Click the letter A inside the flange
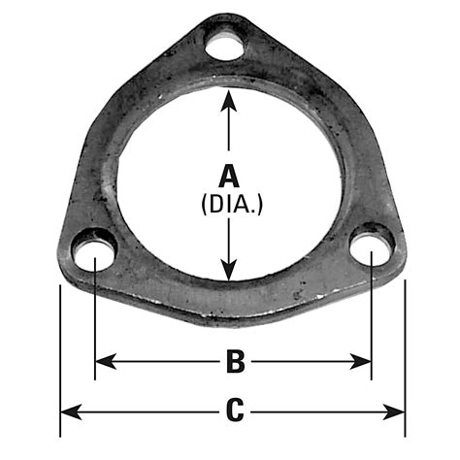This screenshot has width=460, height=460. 230,177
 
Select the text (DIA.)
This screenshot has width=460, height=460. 230,205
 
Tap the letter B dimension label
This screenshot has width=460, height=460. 234,362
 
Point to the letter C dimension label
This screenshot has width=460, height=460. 234,411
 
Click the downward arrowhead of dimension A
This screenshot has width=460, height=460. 229,274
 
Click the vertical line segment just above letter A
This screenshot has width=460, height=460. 229,136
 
